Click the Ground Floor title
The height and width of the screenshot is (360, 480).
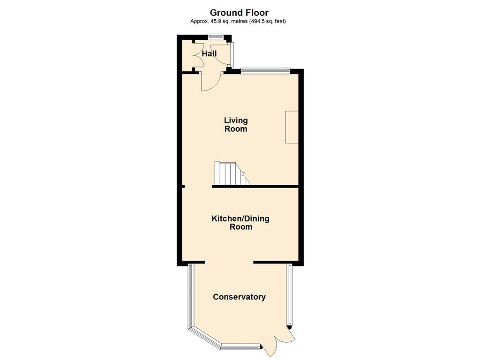[x=239, y=13]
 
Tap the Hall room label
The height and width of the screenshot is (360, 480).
[x=210, y=53]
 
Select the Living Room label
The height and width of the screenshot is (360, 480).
[x=236, y=125]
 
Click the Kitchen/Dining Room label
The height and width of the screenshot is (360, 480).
[x=240, y=223]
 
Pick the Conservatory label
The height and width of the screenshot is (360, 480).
[x=240, y=297]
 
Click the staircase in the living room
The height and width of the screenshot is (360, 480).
[x=232, y=173]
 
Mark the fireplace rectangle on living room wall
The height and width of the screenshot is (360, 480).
[x=292, y=127]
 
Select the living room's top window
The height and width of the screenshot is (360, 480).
[x=265, y=71]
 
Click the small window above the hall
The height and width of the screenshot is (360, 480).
[x=216, y=36]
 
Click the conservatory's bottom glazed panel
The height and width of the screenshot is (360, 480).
[x=241, y=347]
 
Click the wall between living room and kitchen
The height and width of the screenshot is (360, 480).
[x=255, y=186]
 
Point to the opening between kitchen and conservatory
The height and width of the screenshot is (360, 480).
[x=229, y=262]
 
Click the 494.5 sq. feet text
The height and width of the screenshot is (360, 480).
[x=267, y=22]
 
